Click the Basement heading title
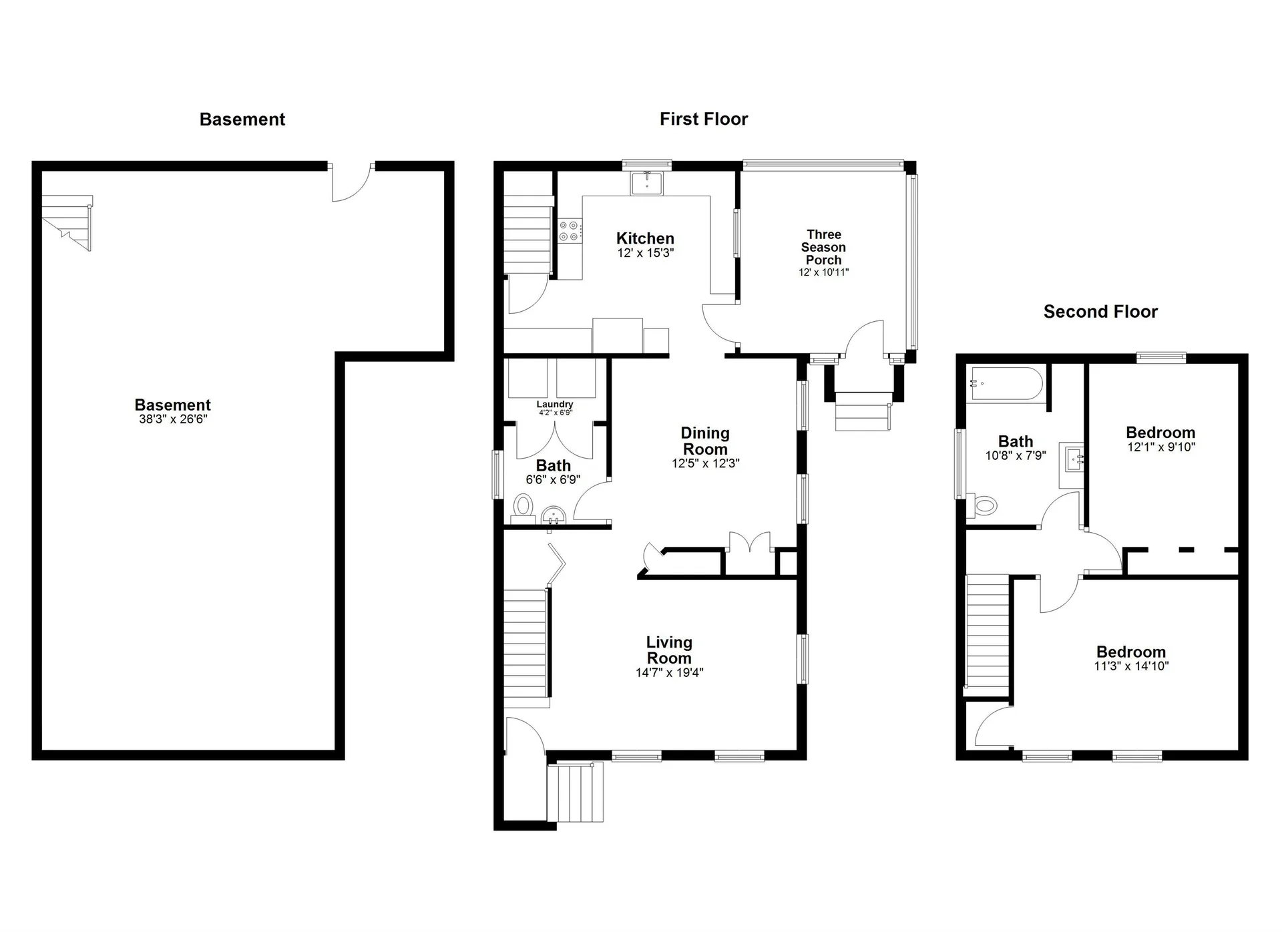pos(242,120)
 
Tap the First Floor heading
pos(703,120)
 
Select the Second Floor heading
pos(1100,312)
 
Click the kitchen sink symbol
pos(646,183)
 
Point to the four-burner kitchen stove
pos(569,231)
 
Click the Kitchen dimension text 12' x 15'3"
pos(645,253)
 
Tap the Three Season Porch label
pos(823,247)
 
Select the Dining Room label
pos(705,441)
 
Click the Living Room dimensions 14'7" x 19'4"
pos(669,673)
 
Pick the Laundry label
pos(554,405)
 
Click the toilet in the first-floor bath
pos(524,507)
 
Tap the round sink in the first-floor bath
pos(553,515)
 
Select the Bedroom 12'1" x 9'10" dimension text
pos(1160,447)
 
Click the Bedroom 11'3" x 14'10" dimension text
pos(1131,666)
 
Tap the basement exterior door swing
pos(351,182)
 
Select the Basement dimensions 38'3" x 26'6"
pos(173,419)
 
